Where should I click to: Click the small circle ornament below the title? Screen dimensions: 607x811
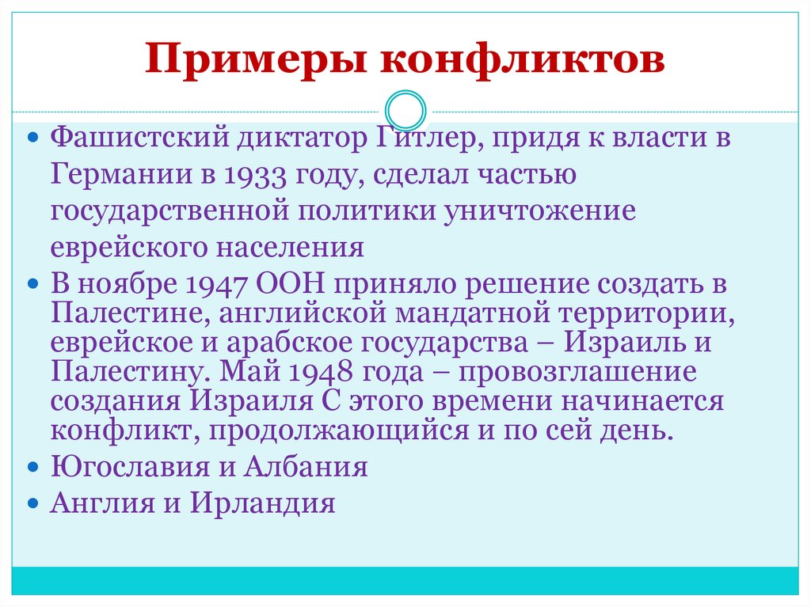tap(405, 111)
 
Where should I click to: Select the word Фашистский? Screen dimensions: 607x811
tap(139, 138)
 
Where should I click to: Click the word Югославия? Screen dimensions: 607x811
tap(130, 467)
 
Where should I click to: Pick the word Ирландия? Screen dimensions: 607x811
tap(264, 503)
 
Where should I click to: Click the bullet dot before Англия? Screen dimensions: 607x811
tap(32, 503)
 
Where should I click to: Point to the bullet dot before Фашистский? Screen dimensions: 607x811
tap(32, 138)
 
